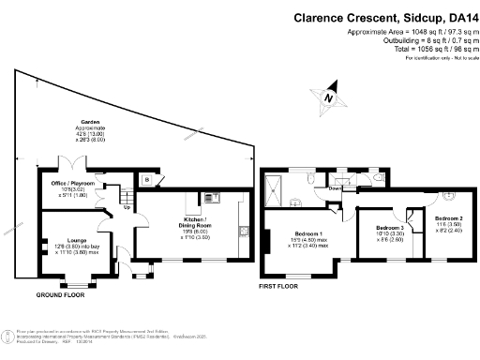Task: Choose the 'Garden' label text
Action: coord(91,121)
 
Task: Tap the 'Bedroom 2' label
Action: coord(447,218)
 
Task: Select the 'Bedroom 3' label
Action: coord(389,228)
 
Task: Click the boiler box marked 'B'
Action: coord(146,178)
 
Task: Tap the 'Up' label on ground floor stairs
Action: coord(127,207)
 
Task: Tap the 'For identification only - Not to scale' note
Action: coord(438,58)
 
